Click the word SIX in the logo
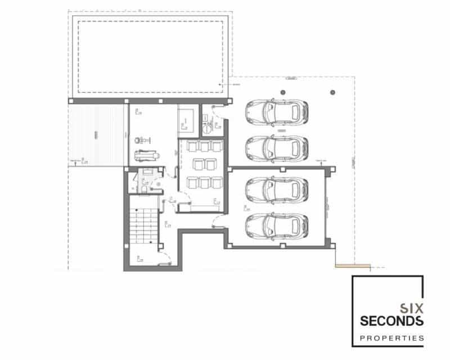411,308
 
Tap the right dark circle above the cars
332,92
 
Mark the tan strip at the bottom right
353,265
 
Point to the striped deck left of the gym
96,135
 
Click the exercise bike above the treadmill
144,138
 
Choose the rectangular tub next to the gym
187,120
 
